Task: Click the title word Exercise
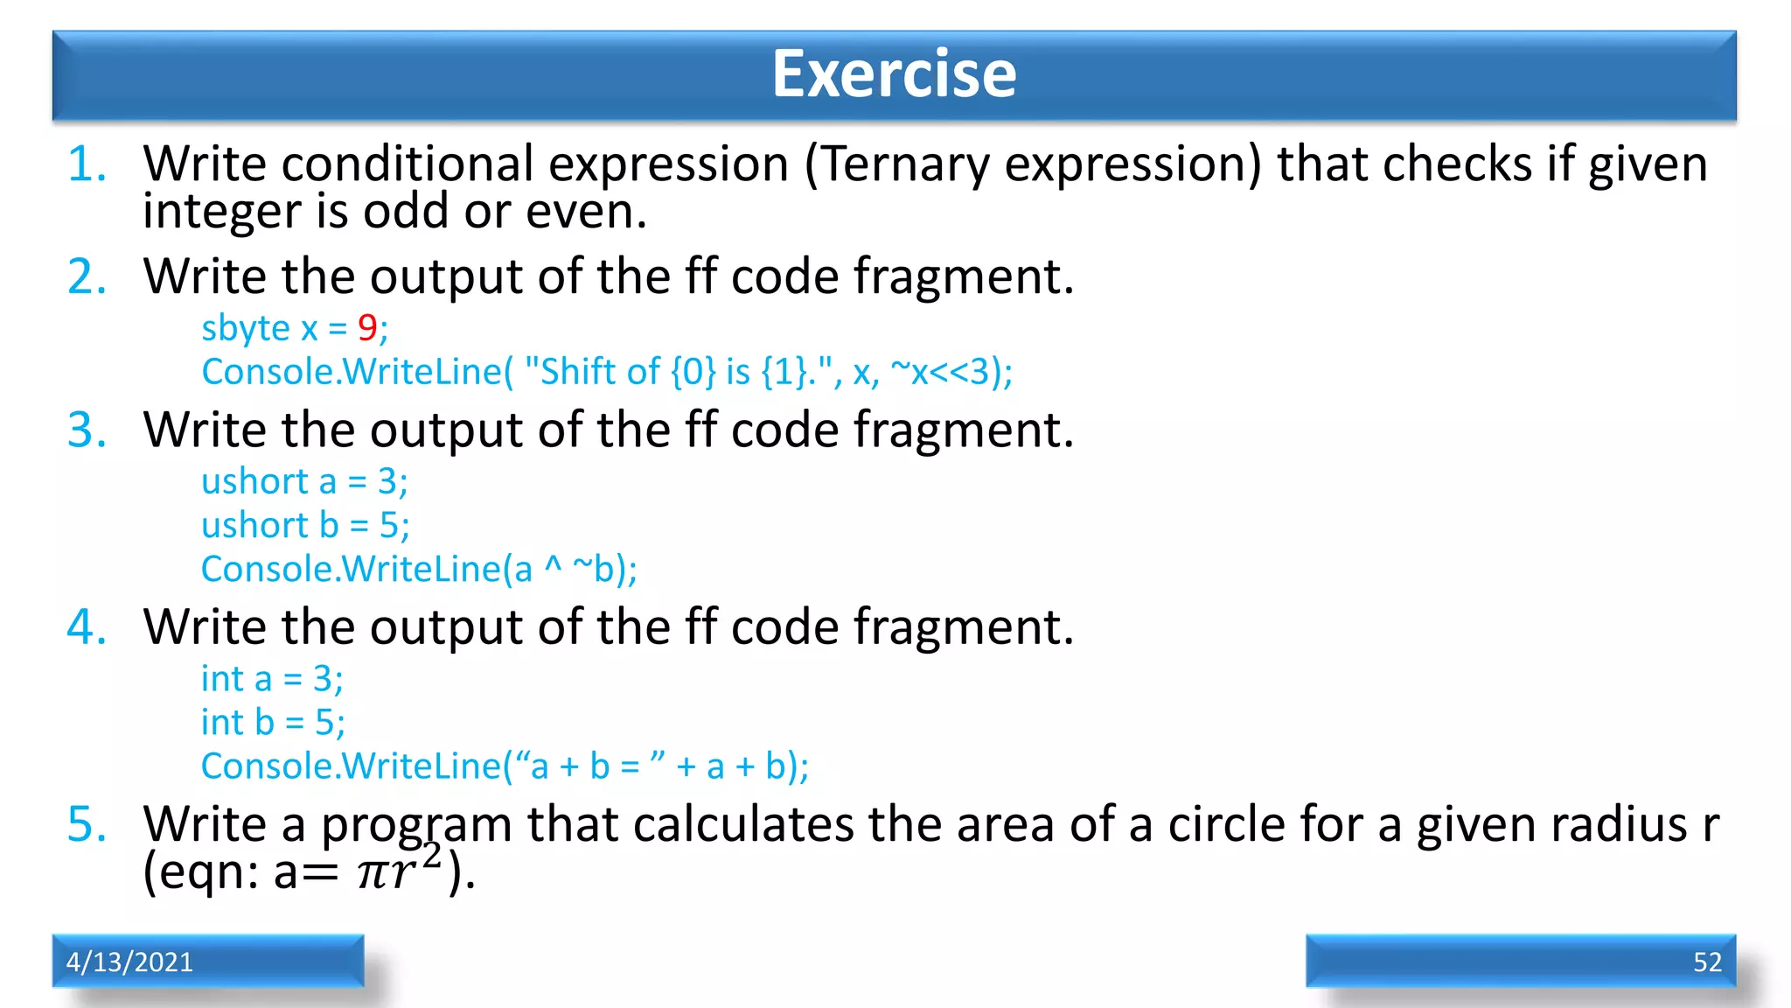coord(894,74)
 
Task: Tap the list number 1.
coord(87,164)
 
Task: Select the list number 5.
coord(87,825)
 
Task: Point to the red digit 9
coord(366,328)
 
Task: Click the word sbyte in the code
coord(245,329)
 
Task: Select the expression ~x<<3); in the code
coord(951,372)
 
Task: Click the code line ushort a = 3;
coord(304,482)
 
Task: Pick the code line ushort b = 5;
coord(305,526)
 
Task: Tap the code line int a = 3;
coord(272,679)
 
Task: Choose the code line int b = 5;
coord(273,723)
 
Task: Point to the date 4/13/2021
coord(129,962)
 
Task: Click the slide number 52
coord(1707,962)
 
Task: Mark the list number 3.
coord(87,430)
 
